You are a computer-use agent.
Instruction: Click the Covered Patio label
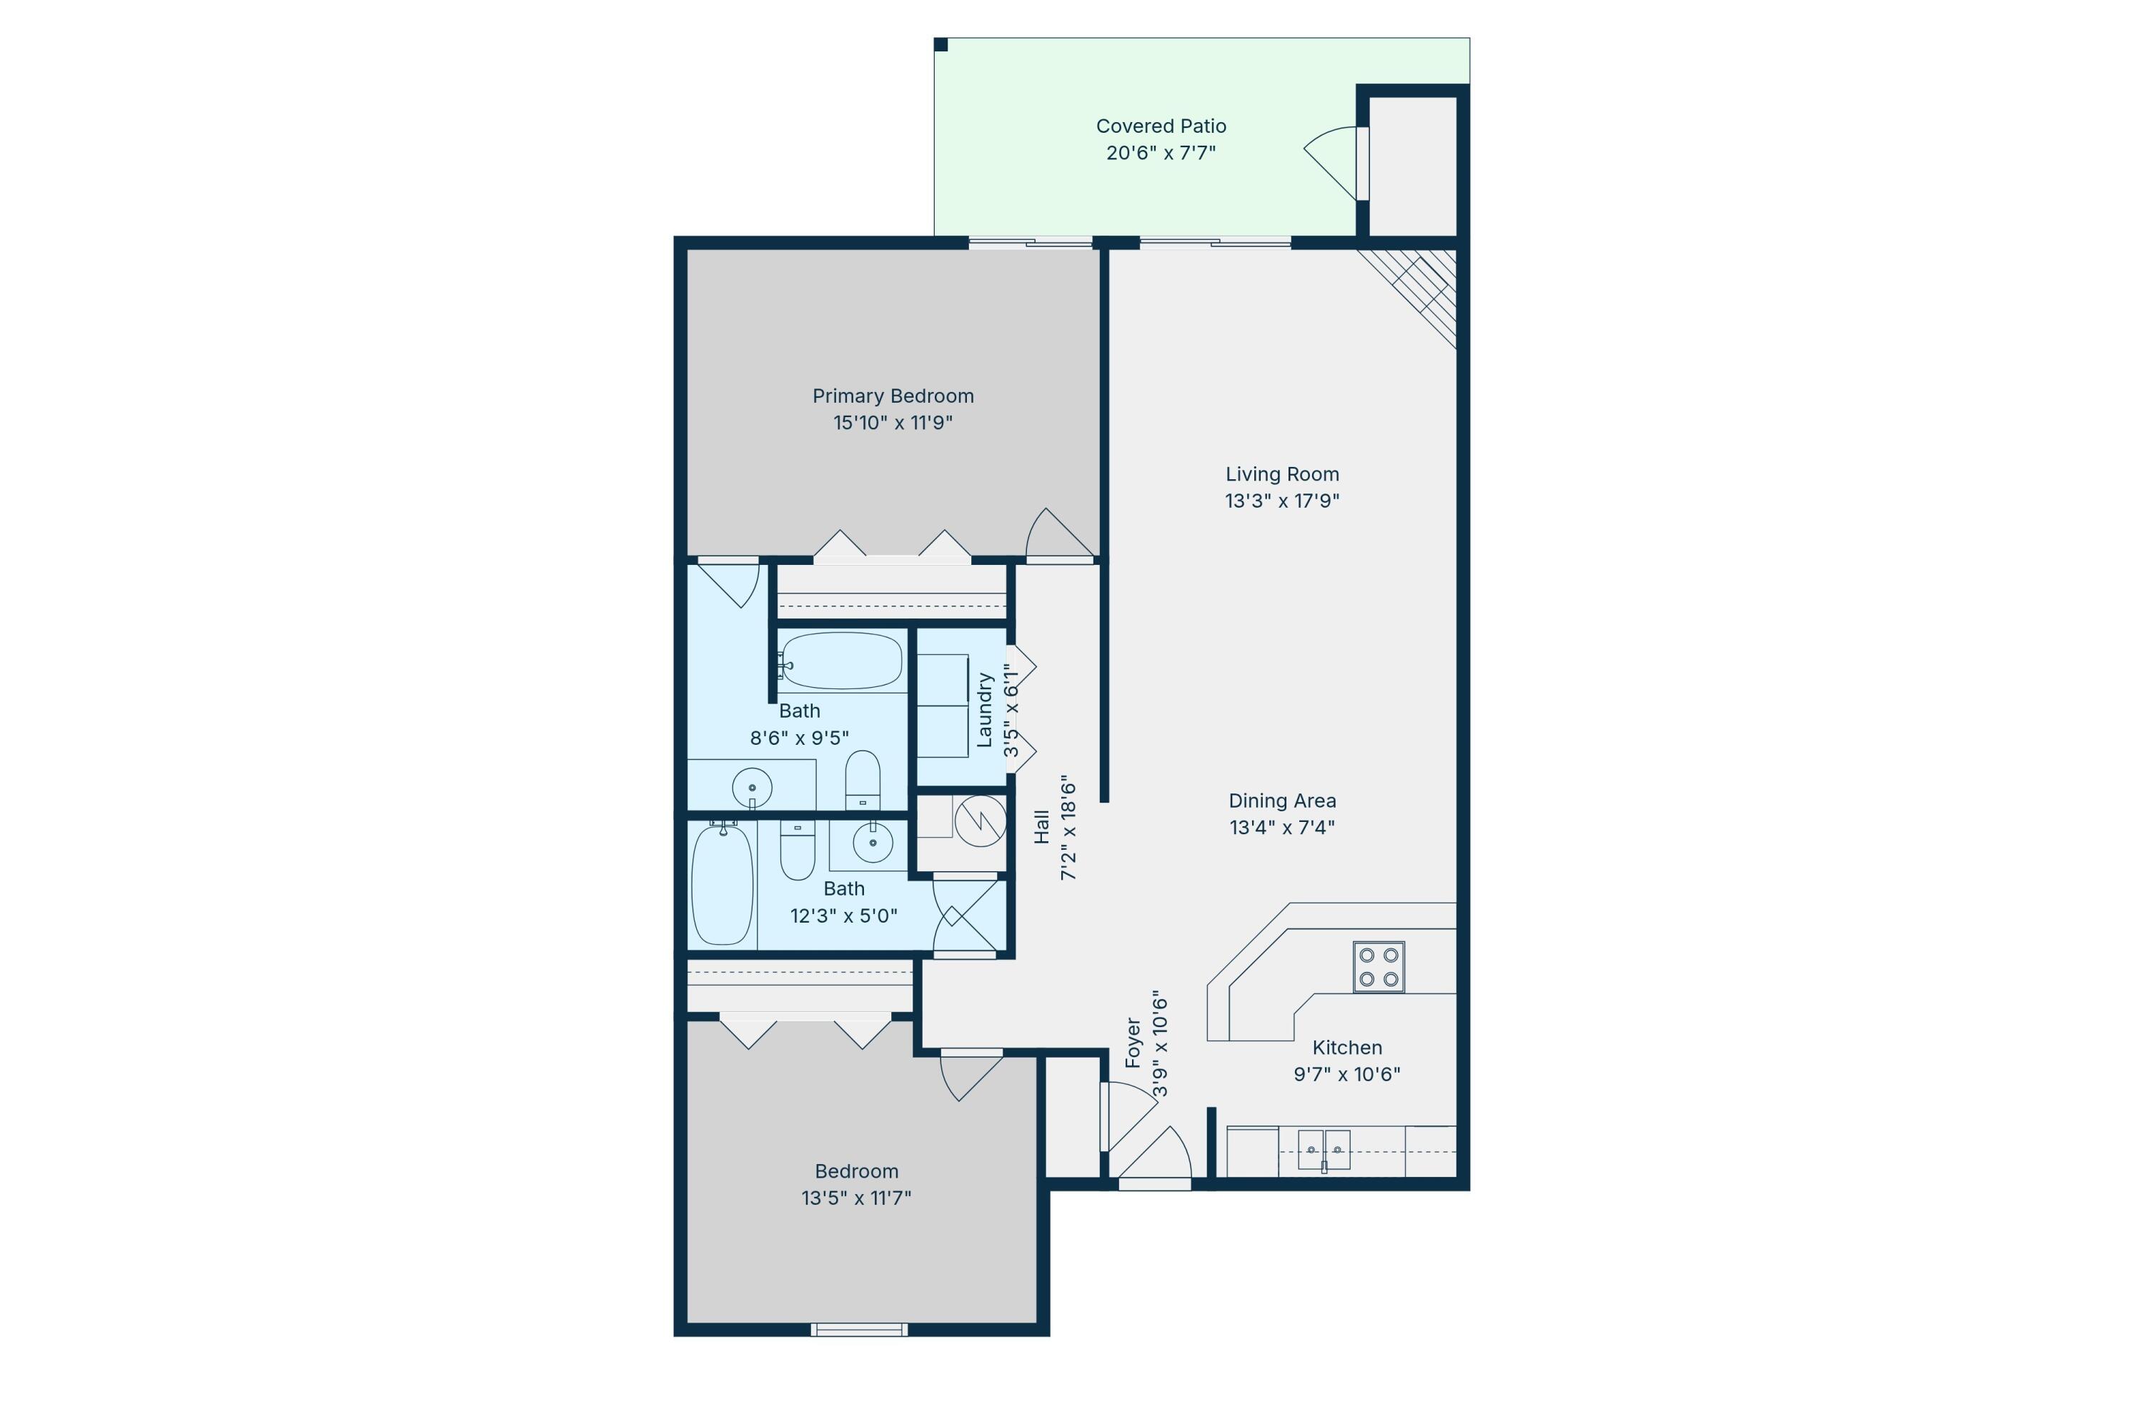pos(1161,126)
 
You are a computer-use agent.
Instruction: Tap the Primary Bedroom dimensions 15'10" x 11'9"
pos(893,423)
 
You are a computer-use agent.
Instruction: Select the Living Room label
pos(1282,474)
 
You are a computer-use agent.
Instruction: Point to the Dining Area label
pos(1282,801)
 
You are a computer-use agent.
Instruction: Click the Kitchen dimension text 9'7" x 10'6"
pos(1346,1074)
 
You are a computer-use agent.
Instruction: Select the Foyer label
pos(1133,1043)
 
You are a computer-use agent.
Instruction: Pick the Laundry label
pos(984,710)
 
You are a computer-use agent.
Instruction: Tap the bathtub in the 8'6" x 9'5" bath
pos(841,660)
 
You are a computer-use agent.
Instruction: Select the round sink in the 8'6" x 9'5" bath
pos(752,788)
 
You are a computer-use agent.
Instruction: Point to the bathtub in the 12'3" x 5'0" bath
pos(723,884)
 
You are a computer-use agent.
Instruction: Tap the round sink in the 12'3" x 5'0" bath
pos(873,843)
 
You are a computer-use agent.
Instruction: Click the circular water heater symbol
pos(981,821)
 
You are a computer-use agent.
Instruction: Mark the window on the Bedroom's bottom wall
pos(858,1330)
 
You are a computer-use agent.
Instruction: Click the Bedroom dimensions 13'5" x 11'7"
pos(855,1198)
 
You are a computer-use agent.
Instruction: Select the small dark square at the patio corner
pos(941,44)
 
